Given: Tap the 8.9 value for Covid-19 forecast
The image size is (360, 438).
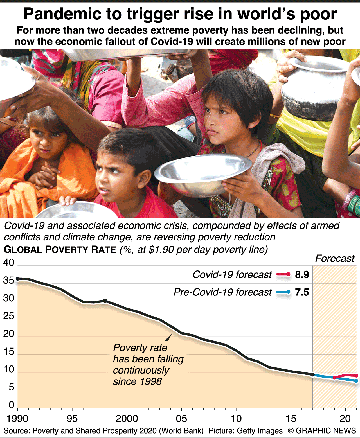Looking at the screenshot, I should [302, 274].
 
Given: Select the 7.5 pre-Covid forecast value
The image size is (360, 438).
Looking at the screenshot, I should [302, 292].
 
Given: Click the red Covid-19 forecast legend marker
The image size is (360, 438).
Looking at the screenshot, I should [283, 274].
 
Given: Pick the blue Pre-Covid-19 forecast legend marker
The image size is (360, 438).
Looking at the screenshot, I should [283, 292].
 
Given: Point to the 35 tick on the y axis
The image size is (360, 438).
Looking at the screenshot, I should [8, 281].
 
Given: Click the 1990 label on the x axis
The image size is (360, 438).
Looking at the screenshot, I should [17, 419].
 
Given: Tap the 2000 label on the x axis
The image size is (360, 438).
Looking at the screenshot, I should [127, 419].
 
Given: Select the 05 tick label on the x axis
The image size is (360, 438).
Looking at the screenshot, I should [181, 419].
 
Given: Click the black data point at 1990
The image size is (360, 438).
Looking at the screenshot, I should [17, 279].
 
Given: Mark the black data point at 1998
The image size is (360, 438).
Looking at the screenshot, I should [105, 301].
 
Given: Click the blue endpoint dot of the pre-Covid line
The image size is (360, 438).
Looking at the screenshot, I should [357, 381].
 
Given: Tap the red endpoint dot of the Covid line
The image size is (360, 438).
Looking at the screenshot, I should [356, 376].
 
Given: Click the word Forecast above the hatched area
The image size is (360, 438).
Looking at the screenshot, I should [335, 258].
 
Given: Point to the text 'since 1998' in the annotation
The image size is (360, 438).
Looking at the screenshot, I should [137, 381].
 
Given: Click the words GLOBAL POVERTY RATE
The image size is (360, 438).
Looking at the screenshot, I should [60, 250].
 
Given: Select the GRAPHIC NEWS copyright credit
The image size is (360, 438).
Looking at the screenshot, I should [322, 431].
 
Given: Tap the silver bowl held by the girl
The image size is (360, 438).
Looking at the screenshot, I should [202, 171].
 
